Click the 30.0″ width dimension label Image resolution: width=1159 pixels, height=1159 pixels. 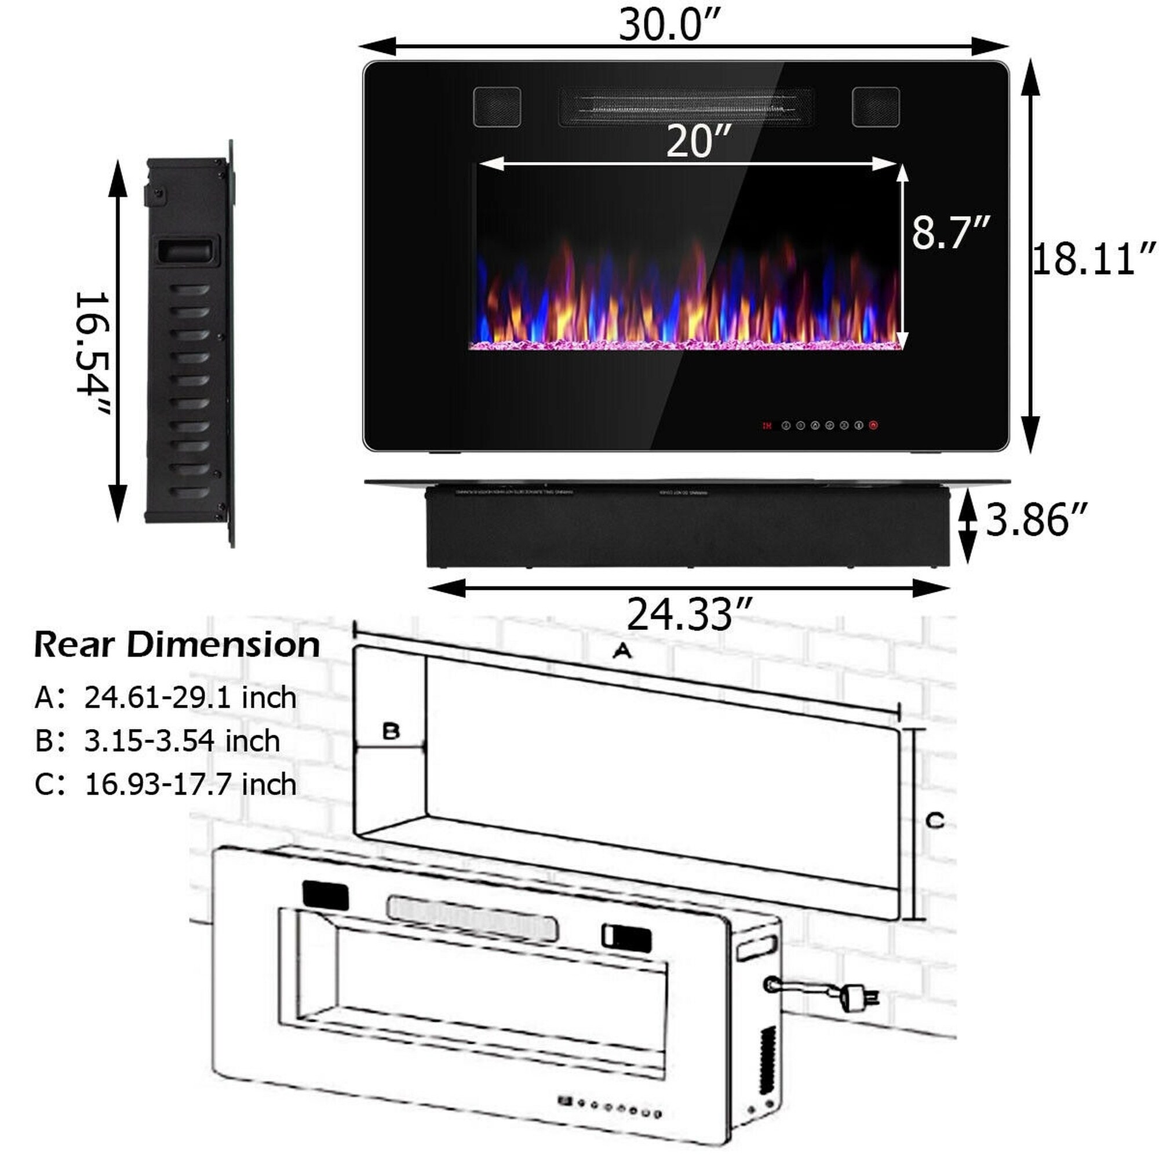coord(668,25)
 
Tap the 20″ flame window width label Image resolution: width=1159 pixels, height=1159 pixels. coord(699,141)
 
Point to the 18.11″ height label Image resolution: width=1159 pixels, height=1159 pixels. coord(1093,259)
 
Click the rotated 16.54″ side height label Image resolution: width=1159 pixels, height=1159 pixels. coord(93,354)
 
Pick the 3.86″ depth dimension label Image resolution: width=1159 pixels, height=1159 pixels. coord(1036,519)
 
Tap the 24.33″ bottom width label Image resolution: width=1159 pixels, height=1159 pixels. coord(688,614)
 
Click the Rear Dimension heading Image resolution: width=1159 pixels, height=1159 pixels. coord(177,645)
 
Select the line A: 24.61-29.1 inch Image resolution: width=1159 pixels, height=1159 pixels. coord(166,698)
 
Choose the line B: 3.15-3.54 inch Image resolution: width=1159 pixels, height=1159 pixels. coord(157,741)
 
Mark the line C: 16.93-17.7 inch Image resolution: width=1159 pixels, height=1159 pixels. coord(166,784)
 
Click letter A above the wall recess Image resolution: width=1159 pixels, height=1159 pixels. coord(622,650)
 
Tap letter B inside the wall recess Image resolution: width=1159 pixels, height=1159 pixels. coord(391,731)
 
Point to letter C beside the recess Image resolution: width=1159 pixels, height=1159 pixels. coord(935,820)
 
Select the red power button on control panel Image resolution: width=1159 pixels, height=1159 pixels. coord(873,425)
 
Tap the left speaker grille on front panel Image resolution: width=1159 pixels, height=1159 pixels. coord(497,107)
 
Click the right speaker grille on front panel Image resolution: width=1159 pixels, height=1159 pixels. coord(875,107)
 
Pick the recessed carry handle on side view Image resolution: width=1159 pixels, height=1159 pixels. coord(187,250)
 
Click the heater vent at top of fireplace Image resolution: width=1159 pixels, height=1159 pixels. coord(686,107)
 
